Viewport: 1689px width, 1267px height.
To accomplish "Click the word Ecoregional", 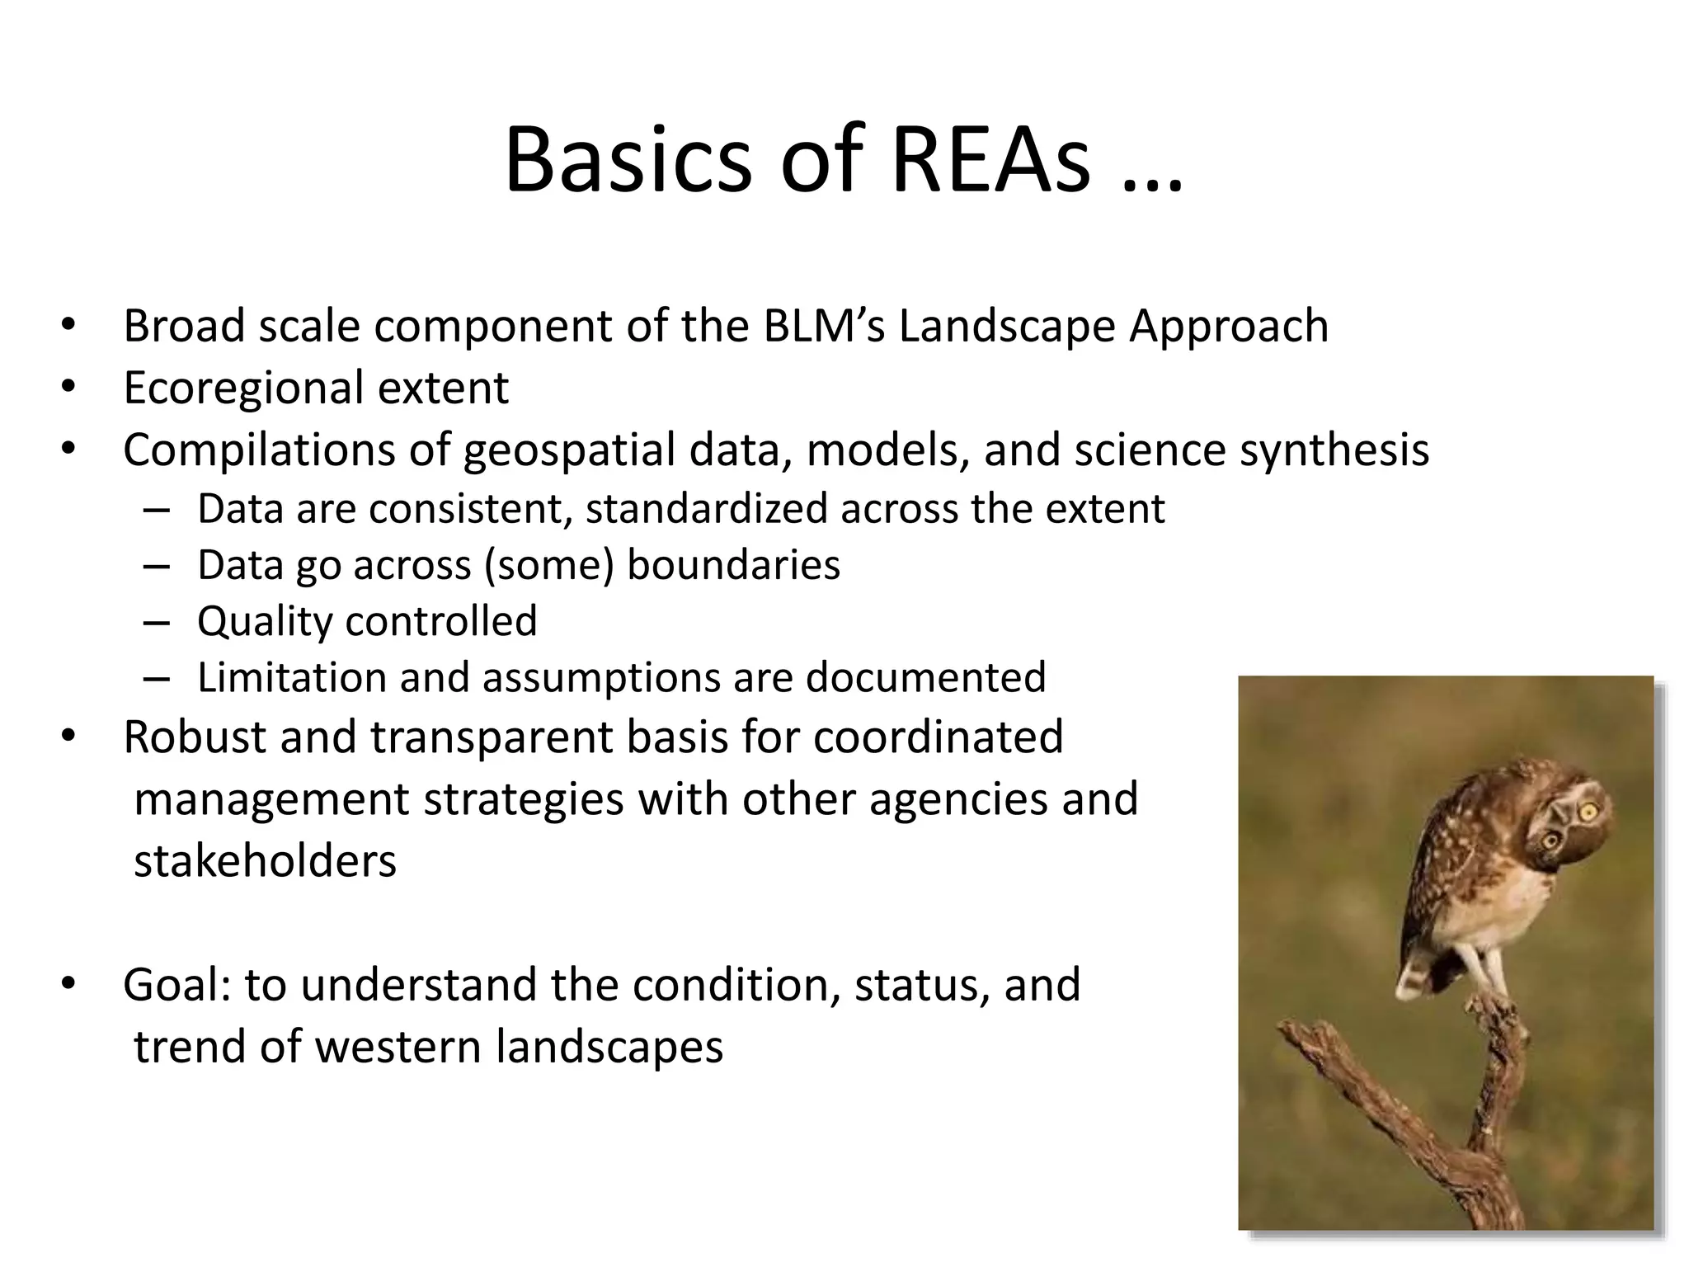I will [243, 388].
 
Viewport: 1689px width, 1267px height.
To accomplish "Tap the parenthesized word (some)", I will [549, 565].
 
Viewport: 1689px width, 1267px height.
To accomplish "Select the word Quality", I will [265, 621].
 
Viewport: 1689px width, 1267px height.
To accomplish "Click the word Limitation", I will [292, 677].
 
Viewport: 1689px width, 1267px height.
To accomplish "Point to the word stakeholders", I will [265, 861].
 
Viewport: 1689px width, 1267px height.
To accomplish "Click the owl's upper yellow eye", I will [1588, 812].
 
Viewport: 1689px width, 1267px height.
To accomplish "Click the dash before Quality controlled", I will [155, 622].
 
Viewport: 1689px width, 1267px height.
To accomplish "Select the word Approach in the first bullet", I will [1229, 325].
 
